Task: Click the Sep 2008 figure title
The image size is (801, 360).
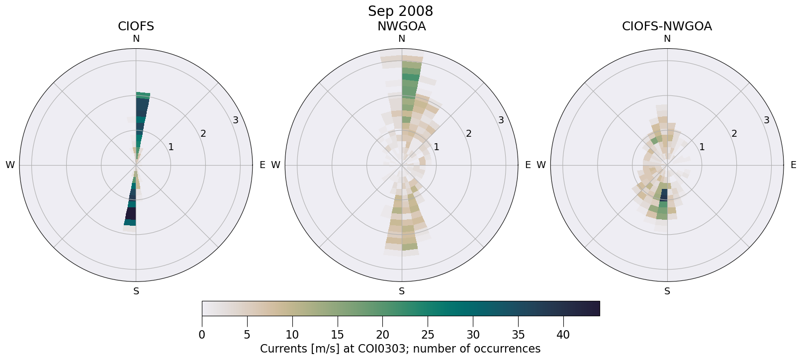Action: pos(400,11)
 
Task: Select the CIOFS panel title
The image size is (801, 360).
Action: pos(136,26)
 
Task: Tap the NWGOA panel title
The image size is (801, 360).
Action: pos(401,26)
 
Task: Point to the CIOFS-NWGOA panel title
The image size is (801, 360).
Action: pos(667,26)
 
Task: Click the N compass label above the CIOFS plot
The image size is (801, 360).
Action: pos(136,39)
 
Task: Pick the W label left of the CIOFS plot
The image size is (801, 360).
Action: pos(10,165)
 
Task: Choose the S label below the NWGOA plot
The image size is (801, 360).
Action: pos(401,291)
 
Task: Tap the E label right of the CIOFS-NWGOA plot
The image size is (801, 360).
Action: pos(793,165)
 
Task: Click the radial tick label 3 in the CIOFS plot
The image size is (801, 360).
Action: pos(236,120)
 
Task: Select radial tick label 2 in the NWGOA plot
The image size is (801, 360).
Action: pos(468,133)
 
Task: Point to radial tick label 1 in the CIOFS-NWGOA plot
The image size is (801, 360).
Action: pos(702,147)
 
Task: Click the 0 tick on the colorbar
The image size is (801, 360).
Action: pos(202,335)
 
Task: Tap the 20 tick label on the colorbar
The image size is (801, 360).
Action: pos(382,335)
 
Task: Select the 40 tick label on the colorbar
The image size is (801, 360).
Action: pos(563,335)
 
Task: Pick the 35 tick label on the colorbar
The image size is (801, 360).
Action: pos(518,335)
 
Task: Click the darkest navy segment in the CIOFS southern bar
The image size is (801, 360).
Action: pos(131,213)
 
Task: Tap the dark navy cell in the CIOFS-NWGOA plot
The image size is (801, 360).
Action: pos(664,194)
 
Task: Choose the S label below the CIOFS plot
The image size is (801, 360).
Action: pos(136,291)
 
